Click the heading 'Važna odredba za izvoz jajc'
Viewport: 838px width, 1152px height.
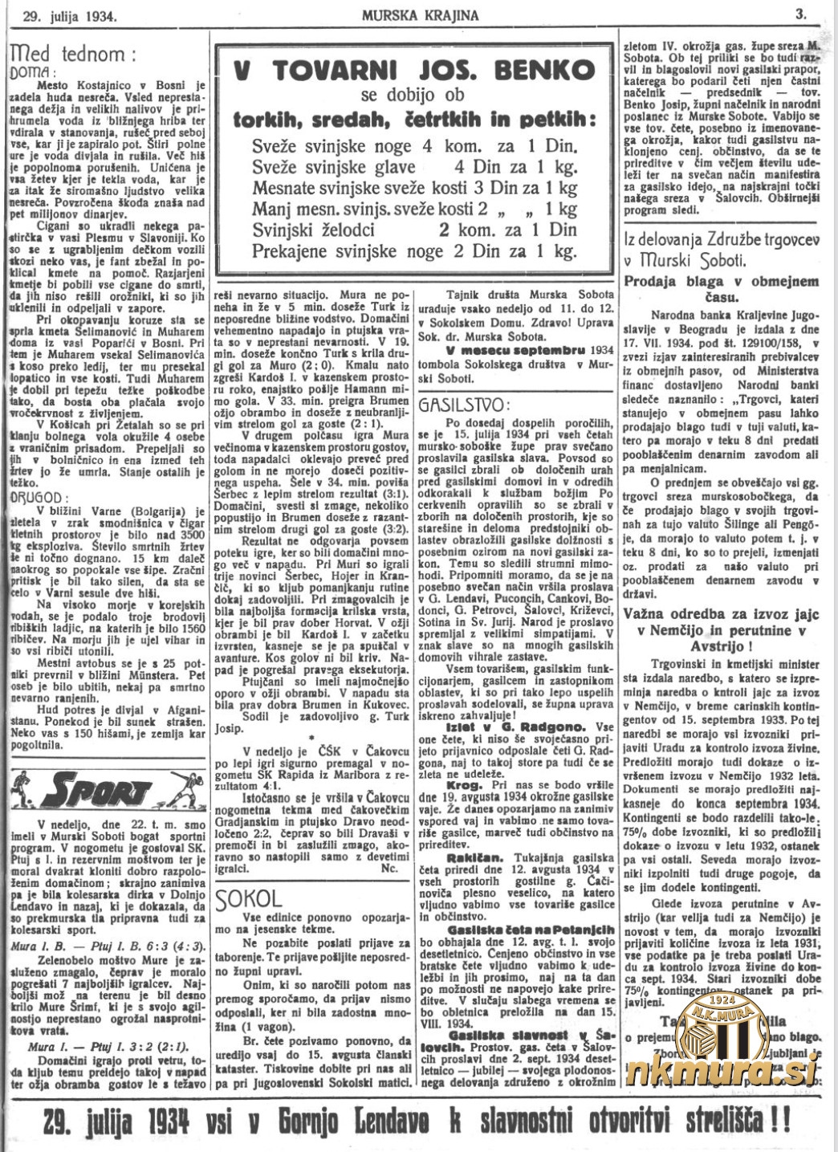click(722, 615)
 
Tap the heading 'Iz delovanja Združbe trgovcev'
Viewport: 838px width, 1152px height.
click(720, 240)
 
